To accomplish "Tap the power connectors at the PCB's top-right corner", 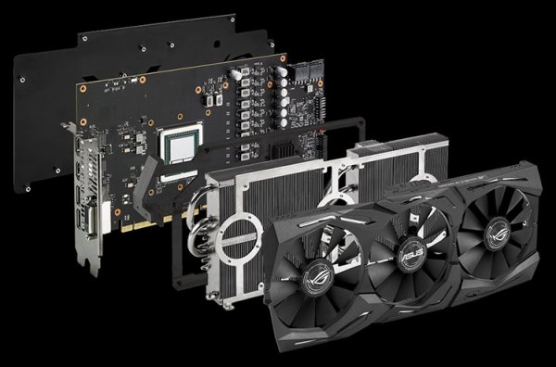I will (x=307, y=69).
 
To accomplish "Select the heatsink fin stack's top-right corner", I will (x=436, y=153).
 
